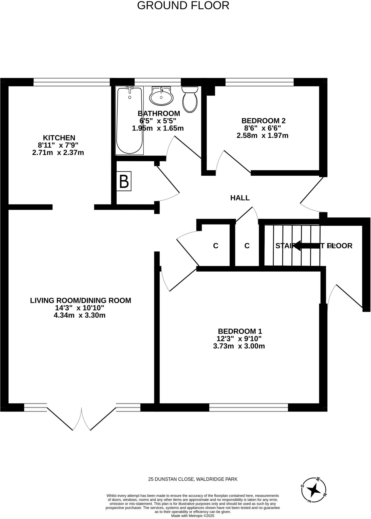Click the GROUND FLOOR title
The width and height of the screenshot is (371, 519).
click(183, 6)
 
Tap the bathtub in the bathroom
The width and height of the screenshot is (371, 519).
click(129, 120)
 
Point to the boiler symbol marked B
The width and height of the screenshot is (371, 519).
click(124, 181)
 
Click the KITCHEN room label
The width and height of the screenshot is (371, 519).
click(59, 138)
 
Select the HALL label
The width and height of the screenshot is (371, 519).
click(240, 198)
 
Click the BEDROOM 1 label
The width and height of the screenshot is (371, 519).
click(240, 331)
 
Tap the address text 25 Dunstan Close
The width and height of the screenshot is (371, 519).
click(193, 479)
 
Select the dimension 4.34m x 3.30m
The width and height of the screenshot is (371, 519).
click(80, 316)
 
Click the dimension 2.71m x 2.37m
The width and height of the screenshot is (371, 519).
click(58, 153)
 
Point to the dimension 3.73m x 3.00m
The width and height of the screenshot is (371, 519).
click(239, 346)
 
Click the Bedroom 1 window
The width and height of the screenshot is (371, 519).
click(248, 407)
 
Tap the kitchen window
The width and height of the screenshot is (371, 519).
click(72, 82)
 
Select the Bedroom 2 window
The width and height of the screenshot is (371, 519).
click(259, 82)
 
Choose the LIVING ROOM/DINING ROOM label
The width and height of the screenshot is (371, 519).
click(81, 301)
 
